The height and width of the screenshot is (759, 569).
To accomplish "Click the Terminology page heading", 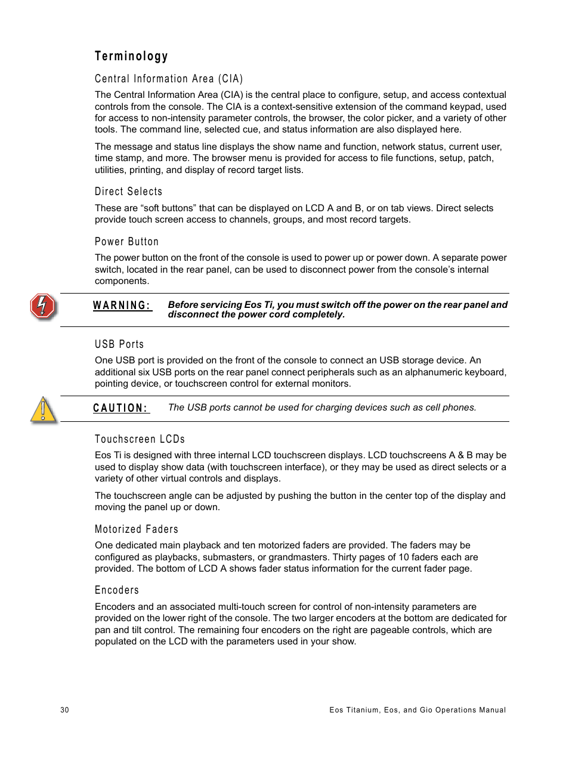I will (x=131, y=56).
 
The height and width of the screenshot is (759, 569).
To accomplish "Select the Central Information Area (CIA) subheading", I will (x=169, y=79).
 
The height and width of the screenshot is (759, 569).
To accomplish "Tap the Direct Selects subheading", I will (x=128, y=192).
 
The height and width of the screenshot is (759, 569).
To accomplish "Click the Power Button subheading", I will (x=126, y=242).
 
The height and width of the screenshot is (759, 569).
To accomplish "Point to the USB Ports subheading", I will (x=119, y=344).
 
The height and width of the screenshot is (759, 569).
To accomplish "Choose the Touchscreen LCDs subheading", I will (x=140, y=439).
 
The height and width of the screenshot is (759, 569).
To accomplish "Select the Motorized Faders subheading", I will (x=137, y=529).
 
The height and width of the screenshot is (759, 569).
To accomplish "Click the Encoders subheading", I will (x=117, y=590).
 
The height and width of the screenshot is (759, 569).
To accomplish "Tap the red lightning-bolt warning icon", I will (x=43, y=307).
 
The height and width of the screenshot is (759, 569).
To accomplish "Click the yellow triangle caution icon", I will (x=44, y=410).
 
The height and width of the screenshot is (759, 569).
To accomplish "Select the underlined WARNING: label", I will (x=122, y=306).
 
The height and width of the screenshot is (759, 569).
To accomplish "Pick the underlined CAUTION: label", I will (x=120, y=408).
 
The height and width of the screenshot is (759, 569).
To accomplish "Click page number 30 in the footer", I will (x=64, y=710).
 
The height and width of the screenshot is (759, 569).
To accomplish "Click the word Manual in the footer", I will (x=493, y=710).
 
